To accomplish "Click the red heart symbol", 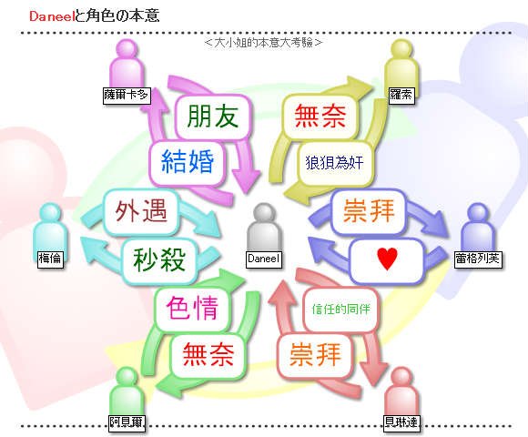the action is (x=387, y=259).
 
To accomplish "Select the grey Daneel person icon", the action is (x=264, y=228).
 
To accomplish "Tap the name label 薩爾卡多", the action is (x=127, y=96).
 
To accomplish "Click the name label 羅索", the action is (x=401, y=95).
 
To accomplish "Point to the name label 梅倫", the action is (x=50, y=259).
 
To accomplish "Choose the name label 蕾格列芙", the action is (x=478, y=259).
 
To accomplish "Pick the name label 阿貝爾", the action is (x=127, y=422).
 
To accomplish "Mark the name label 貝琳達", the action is (x=401, y=422).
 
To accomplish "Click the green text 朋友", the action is (x=213, y=117).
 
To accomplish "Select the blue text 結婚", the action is (x=188, y=161).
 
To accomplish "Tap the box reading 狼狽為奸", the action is (x=335, y=163).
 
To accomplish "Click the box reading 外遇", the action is (x=141, y=211).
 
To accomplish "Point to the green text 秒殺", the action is (x=159, y=259).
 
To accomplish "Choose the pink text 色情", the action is (x=192, y=308).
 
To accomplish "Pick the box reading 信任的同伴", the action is (x=341, y=309).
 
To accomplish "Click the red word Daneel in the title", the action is (x=51, y=16).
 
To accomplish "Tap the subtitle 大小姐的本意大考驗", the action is (x=263, y=43).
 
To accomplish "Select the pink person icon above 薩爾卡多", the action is (x=127, y=64).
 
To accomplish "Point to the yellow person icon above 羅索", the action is (x=401, y=64).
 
